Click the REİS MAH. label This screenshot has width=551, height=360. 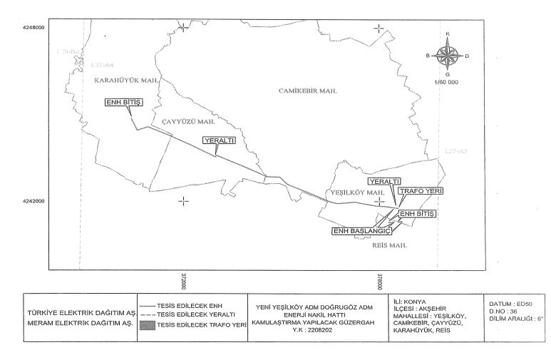[388, 245]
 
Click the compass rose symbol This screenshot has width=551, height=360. [447, 54]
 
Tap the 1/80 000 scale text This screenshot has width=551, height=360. [446, 83]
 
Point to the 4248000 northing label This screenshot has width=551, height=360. [33, 27]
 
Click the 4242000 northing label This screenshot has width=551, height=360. [33, 201]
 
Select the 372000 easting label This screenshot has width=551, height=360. [183, 281]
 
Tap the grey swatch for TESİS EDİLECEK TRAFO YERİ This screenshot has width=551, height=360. [147, 324]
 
